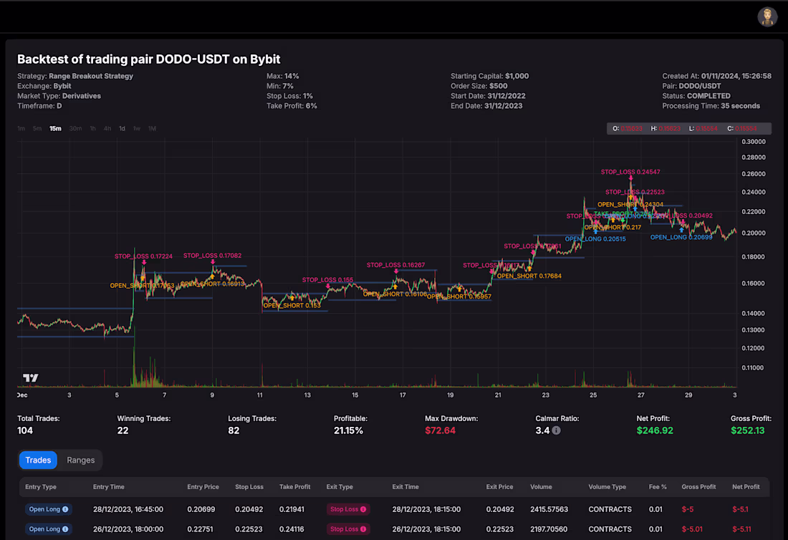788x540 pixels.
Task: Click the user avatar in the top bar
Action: [x=767, y=16]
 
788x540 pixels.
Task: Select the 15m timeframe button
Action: [x=55, y=129]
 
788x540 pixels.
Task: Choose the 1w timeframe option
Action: [x=136, y=129]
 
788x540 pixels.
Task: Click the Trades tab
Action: [x=38, y=460]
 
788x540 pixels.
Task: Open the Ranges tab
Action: [x=81, y=460]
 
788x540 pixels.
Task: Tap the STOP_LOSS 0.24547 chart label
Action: [x=630, y=172]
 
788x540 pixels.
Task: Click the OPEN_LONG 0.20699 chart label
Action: [x=681, y=237]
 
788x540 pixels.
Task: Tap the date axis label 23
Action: [x=546, y=395]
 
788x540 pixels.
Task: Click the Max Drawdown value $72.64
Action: [x=440, y=430]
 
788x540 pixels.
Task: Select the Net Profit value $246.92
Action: [x=655, y=430]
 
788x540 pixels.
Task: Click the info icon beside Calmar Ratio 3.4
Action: [x=557, y=431]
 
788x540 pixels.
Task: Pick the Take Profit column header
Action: [x=294, y=487]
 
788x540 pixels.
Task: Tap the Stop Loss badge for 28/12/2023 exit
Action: [x=348, y=509]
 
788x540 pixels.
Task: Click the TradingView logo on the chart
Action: [x=31, y=378]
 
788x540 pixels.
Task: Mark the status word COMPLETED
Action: [x=708, y=96]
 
